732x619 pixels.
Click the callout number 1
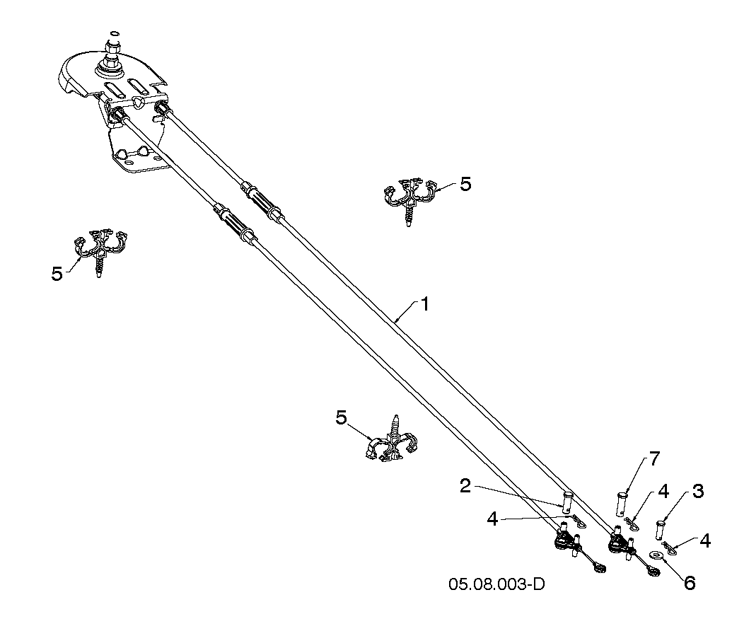424,304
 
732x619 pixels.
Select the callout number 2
465,486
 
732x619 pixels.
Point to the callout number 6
689,582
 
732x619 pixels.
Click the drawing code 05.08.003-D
496,585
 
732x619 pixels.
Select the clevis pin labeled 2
567,500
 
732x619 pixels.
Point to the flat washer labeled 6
656,555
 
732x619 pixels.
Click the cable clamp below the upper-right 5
409,199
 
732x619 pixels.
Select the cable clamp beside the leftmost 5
100,251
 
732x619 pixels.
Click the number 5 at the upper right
465,184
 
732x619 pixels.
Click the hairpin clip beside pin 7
632,524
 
